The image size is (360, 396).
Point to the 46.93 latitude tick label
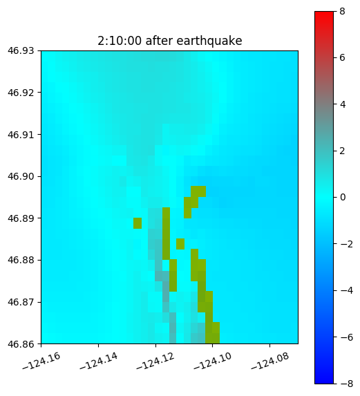coord(21,50)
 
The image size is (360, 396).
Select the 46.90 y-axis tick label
coord(21,176)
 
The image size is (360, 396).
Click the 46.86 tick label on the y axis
coord(21,344)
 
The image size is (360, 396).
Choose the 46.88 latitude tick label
coord(21,260)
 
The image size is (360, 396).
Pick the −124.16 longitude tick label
coord(41,361)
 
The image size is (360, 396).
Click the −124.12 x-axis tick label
coord(155,361)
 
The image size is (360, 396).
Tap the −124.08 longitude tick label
coord(270,361)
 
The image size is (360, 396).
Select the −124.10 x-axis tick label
coord(213,361)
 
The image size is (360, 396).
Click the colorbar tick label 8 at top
coord(342,11)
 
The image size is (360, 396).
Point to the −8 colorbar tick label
coord(347,384)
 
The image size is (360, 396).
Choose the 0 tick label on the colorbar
coord(343,197)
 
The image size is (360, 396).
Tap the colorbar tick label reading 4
coord(343,104)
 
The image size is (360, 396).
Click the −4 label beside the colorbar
coord(347,291)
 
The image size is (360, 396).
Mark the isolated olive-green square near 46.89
coord(138,223)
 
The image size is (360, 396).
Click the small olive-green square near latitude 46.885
coord(180,244)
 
